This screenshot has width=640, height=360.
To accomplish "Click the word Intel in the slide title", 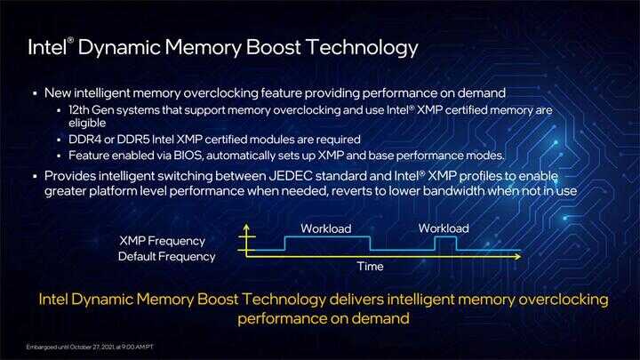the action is [47, 47].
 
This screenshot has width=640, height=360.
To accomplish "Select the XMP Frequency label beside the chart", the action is [162, 241].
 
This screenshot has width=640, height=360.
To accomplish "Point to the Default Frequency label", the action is [166, 256].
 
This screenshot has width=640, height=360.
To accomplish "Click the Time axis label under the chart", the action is [370, 267].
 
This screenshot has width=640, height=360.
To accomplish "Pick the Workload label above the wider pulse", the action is [325, 228].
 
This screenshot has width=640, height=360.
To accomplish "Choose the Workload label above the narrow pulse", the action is [444, 228].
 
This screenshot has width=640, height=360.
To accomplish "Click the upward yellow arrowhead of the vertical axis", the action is [246, 227].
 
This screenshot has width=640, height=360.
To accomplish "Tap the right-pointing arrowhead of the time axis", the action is [518, 256].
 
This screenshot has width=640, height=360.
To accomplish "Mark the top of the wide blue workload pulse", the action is [327, 237].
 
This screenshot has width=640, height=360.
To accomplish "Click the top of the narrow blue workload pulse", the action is [445, 237].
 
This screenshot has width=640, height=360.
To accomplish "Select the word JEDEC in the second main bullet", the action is [291, 176].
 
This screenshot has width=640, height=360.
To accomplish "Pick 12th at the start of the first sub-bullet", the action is [78, 110].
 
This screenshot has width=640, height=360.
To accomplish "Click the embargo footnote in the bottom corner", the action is [90, 347].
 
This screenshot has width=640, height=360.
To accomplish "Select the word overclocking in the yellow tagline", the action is [564, 300].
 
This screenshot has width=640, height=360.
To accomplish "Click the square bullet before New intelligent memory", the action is [35, 93].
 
